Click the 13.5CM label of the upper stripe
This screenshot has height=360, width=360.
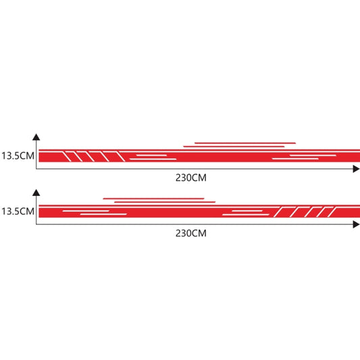[18, 155]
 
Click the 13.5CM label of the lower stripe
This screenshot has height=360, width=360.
[18, 211]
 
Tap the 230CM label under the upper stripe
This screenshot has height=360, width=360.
[191, 178]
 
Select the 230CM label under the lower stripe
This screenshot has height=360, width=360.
[191, 233]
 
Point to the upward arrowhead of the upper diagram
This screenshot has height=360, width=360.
[36, 137]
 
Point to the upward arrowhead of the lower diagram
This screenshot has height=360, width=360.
[36, 192]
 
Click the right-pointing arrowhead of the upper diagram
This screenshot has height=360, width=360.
[356, 169]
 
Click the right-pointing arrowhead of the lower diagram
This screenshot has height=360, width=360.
[356, 224]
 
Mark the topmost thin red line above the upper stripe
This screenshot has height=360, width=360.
[245, 143]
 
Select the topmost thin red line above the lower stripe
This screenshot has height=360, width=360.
[153, 199]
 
